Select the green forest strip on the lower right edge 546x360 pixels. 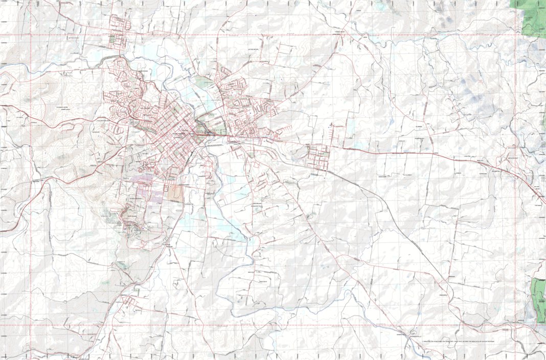click(538, 299)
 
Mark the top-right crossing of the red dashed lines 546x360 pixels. click(515, 35)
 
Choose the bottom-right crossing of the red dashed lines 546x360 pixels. click(515, 325)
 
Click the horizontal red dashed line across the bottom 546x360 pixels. click(256, 325)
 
